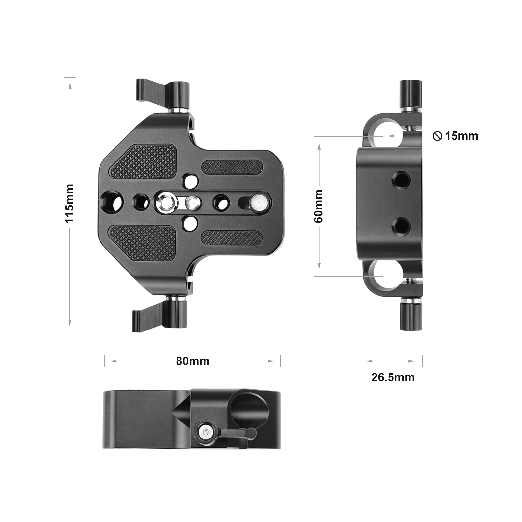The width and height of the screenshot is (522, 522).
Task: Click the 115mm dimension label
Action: coord(70,203)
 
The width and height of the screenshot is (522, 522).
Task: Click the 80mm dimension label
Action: coord(192,361)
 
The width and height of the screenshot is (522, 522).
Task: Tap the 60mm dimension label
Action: coord(318,206)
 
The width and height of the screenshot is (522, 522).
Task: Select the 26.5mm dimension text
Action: coord(393,377)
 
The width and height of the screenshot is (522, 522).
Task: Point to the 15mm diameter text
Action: coord(461,136)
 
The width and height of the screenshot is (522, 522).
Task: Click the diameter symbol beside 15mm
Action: coord(437,136)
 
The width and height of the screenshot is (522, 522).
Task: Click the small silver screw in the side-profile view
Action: coord(205,433)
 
